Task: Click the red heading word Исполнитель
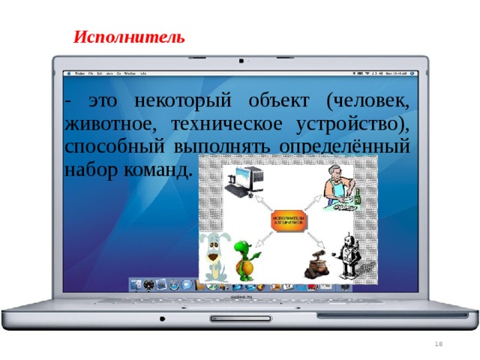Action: pos(128,37)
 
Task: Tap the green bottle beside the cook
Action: pos(358,197)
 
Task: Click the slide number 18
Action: pos(439,343)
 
